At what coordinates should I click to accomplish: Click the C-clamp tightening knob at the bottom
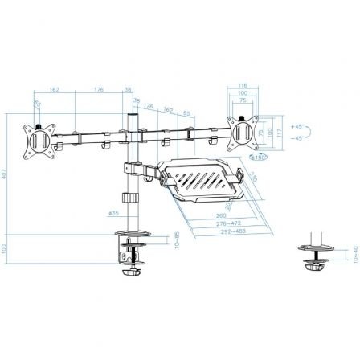pos(129,273)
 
